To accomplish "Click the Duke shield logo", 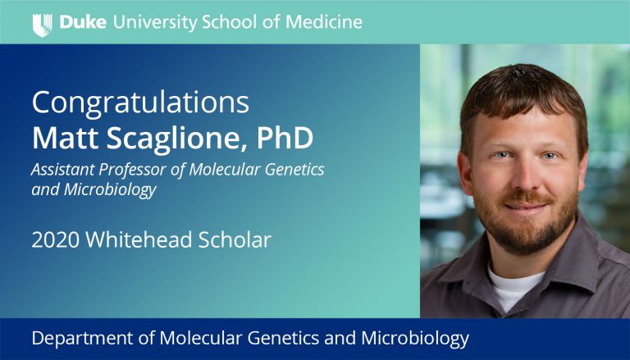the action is pyautogui.click(x=42, y=25).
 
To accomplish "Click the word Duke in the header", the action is pyautogui.click(x=83, y=22).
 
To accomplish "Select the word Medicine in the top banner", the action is pyautogui.click(x=324, y=22).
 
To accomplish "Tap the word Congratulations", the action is pyautogui.click(x=140, y=103).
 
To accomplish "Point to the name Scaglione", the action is pyautogui.click(x=176, y=139).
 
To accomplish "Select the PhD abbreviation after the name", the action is pyautogui.click(x=285, y=138).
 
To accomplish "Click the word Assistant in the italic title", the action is pyautogui.click(x=62, y=170).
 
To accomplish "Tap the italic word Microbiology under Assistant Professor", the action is pyautogui.click(x=110, y=189).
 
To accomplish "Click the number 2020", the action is pyautogui.click(x=56, y=240).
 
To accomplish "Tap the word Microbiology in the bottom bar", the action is pyautogui.click(x=415, y=339).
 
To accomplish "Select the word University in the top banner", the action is pyautogui.click(x=155, y=22).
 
